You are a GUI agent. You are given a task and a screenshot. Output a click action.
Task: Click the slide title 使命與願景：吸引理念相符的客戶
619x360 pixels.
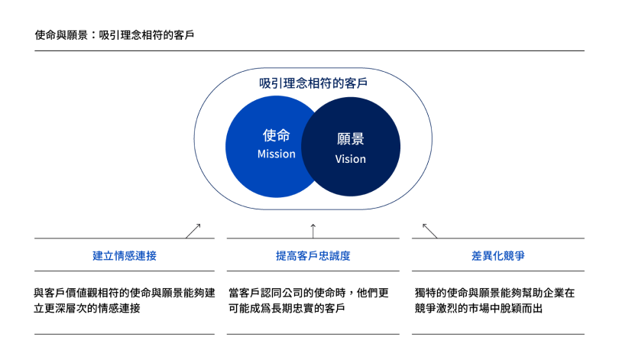(x=115, y=35)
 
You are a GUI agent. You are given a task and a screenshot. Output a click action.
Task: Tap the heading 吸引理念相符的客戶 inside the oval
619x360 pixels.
(x=313, y=83)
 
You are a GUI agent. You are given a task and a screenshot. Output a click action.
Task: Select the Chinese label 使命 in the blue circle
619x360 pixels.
(x=277, y=135)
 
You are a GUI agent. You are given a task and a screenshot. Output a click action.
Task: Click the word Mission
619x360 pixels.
(x=277, y=154)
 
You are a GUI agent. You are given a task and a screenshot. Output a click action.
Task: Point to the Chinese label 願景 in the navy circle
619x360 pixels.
(x=351, y=139)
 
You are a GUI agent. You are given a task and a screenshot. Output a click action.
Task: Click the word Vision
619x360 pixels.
(x=351, y=159)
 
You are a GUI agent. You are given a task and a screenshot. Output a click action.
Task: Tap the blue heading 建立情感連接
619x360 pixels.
(x=125, y=256)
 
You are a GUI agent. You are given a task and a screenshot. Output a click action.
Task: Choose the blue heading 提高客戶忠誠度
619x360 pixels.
(x=313, y=256)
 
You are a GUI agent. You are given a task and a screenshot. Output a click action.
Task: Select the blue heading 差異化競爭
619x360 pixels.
(x=498, y=256)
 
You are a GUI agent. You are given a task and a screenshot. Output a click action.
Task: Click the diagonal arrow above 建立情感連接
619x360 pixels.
(x=193, y=231)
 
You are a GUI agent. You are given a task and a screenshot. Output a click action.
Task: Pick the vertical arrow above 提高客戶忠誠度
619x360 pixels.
(x=313, y=231)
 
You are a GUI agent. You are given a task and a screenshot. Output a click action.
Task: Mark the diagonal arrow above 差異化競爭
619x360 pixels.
(x=430, y=231)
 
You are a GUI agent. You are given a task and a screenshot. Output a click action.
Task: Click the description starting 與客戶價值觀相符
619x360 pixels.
(x=125, y=300)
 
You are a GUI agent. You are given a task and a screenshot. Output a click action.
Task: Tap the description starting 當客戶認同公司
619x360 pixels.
(x=309, y=300)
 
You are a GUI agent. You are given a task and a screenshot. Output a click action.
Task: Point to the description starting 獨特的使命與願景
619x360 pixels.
(x=494, y=300)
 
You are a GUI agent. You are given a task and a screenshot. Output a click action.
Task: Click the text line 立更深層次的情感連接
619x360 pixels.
(x=87, y=308)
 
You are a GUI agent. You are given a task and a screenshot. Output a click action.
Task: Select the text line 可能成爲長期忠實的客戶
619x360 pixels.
(x=287, y=308)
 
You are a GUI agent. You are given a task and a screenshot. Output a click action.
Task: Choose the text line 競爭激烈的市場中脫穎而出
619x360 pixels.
(x=478, y=308)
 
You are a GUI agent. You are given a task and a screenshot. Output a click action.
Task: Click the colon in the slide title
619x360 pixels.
(x=93, y=35)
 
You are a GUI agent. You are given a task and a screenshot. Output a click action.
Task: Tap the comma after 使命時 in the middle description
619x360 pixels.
(x=351, y=294)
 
